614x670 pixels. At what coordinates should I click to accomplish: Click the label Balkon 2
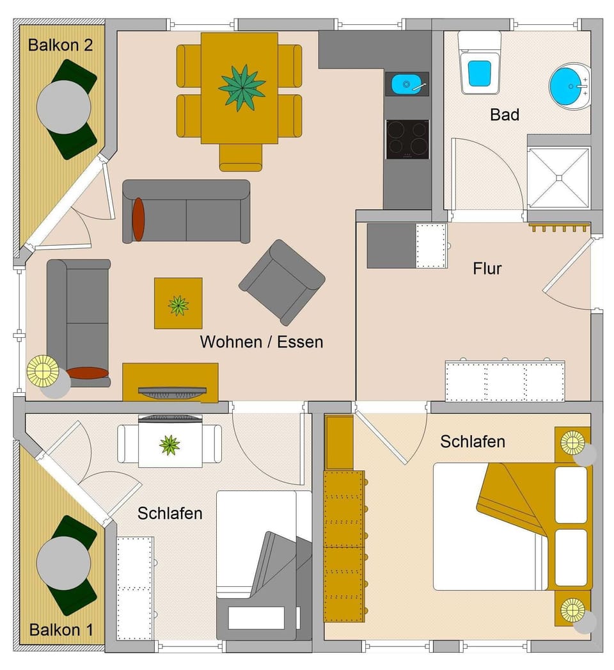(60, 45)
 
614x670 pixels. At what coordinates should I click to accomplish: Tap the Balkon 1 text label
(61, 630)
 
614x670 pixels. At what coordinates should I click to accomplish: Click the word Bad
(505, 115)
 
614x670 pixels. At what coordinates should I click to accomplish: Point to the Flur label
(487, 268)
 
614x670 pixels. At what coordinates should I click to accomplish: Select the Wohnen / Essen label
(262, 342)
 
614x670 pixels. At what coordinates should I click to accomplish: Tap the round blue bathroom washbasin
(570, 86)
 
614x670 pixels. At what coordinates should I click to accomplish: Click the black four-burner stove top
(407, 140)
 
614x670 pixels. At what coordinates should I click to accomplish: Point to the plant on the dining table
(242, 88)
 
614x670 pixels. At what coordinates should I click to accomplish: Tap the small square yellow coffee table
(178, 303)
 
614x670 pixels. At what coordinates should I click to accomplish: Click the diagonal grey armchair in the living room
(282, 282)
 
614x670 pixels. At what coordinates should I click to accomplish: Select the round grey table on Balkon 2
(63, 107)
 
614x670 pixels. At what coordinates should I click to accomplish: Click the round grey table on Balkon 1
(63, 563)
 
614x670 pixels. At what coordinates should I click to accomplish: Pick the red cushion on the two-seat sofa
(138, 219)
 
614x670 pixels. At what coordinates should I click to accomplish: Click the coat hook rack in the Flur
(560, 227)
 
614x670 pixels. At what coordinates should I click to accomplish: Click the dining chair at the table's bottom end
(241, 157)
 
